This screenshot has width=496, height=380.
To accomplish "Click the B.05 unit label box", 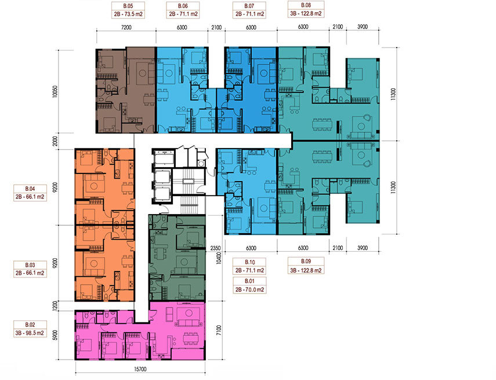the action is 128,10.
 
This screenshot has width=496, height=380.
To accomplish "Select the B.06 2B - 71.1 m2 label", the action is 183,10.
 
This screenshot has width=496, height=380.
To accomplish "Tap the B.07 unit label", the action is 249,10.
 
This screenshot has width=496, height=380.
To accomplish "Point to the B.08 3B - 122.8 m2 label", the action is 306,9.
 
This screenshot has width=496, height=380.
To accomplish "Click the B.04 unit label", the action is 30,193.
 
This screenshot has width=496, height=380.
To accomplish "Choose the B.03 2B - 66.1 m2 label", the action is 30,269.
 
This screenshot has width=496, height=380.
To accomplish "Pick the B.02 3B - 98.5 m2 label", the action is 30,329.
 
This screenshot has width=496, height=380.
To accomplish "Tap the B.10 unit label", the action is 249,266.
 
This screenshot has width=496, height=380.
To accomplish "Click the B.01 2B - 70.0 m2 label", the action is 249,285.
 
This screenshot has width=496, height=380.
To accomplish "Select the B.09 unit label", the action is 306,266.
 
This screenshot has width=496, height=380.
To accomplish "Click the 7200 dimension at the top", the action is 126,27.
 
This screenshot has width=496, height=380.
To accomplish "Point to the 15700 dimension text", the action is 140,369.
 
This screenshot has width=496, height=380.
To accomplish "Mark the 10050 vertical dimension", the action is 55,92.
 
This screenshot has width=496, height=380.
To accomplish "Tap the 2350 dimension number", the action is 215,248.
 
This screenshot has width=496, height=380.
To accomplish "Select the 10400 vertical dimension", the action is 219,258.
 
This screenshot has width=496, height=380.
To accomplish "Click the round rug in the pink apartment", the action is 189,313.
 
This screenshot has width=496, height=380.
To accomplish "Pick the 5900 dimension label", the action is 55,335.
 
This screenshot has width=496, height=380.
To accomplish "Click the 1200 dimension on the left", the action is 55,306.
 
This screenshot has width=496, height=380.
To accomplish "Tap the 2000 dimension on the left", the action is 55,141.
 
